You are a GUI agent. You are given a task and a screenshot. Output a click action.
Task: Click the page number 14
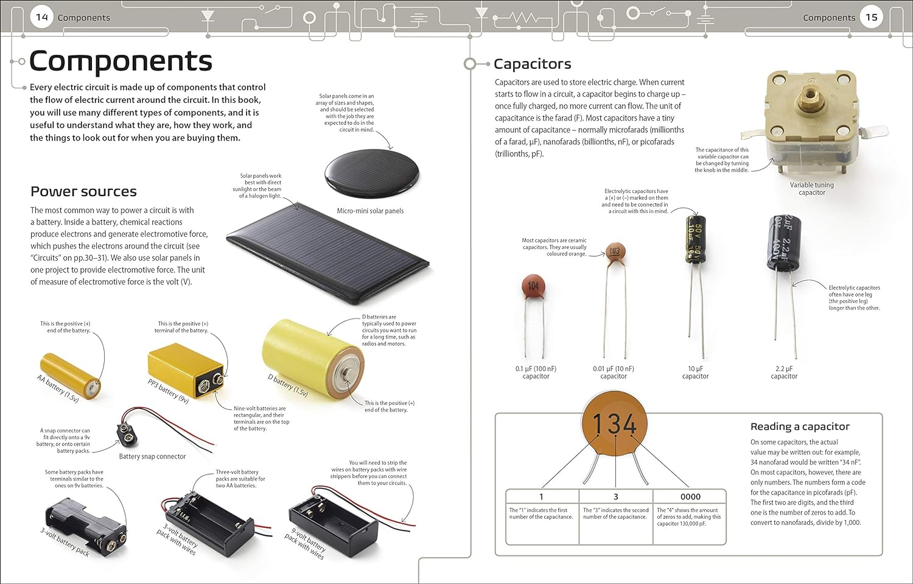coord(42,17)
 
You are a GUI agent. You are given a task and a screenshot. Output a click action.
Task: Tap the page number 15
coord(871,17)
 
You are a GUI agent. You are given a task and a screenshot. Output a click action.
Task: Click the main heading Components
coord(121,61)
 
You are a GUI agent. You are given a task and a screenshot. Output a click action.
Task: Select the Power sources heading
coord(83,191)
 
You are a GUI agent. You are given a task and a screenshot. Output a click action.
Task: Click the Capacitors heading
coord(532,64)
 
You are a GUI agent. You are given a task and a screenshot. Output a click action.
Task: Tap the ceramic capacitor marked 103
coord(615,252)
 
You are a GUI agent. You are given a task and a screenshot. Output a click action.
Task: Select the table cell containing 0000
coord(690,496)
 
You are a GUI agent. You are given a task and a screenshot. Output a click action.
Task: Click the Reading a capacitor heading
coord(800,426)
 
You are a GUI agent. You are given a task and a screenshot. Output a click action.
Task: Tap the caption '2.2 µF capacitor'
coord(784,372)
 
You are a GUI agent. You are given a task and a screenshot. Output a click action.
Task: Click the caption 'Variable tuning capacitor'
coord(812,189)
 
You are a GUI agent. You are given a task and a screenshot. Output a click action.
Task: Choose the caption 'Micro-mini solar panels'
coord(370,211)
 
